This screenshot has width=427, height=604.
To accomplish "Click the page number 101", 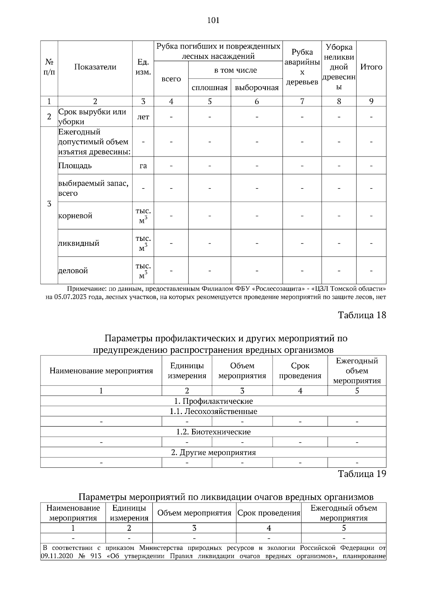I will (x=213, y=20).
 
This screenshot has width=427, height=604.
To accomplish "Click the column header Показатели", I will (x=95, y=67).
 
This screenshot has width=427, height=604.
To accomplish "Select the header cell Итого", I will (x=371, y=67).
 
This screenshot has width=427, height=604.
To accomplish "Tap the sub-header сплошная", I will (x=209, y=88).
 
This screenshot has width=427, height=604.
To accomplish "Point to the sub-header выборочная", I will (x=257, y=88).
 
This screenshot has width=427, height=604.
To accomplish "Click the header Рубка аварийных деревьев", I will (x=302, y=67).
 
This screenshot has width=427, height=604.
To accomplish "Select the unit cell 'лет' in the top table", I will (x=143, y=117).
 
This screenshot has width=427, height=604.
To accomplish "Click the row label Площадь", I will (x=75, y=166).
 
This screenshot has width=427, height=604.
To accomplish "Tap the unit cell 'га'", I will (x=143, y=166).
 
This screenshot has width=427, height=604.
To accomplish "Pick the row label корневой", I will (x=75, y=216).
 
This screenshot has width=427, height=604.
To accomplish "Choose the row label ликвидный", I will (x=79, y=243).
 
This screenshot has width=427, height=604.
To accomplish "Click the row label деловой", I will (x=73, y=271).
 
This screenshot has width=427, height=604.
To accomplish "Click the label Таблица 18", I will (x=362, y=315).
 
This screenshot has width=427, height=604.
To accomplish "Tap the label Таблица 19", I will (x=362, y=474).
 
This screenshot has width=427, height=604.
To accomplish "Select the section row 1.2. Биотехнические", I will (x=213, y=432).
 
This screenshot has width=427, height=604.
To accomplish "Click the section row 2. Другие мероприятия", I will (x=213, y=452).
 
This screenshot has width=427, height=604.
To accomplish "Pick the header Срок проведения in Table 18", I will (x=300, y=371).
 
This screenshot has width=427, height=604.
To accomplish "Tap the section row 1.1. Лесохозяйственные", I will (x=213, y=412).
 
